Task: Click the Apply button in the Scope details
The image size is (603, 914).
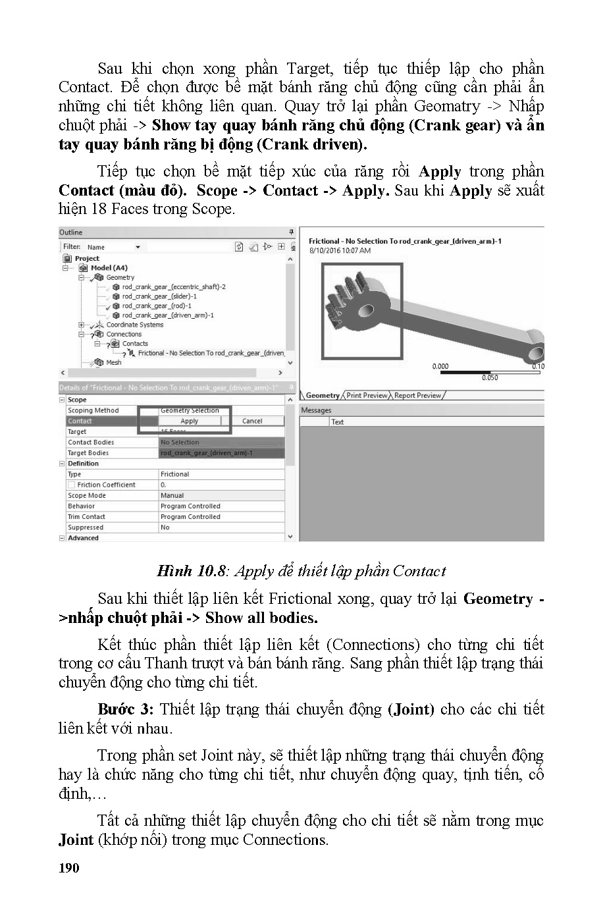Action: tap(190, 421)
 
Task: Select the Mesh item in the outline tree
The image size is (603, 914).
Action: tap(113, 362)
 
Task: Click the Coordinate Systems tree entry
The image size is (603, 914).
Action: tap(134, 325)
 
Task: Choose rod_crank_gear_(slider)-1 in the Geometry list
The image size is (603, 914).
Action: tap(159, 296)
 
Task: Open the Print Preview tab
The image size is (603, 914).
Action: tap(367, 395)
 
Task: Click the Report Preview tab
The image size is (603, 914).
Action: tap(417, 395)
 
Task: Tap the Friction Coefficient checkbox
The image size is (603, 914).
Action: tap(72, 485)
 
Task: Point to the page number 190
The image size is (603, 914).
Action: tap(68, 868)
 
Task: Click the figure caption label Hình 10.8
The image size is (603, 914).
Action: tap(192, 571)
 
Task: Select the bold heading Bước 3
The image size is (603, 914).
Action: tap(125, 709)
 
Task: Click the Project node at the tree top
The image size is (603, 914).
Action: tap(86, 258)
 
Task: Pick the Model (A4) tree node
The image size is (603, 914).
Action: tap(109, 268)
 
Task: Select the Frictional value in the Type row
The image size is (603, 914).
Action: tap(174, 474)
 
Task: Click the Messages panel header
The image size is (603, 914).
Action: tap(316, 410)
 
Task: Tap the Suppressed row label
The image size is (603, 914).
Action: tap(86, 527)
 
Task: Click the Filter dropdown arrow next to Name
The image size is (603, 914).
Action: tap(138, 247)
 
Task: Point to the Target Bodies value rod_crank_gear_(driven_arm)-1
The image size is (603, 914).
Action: tap(206, 453)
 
